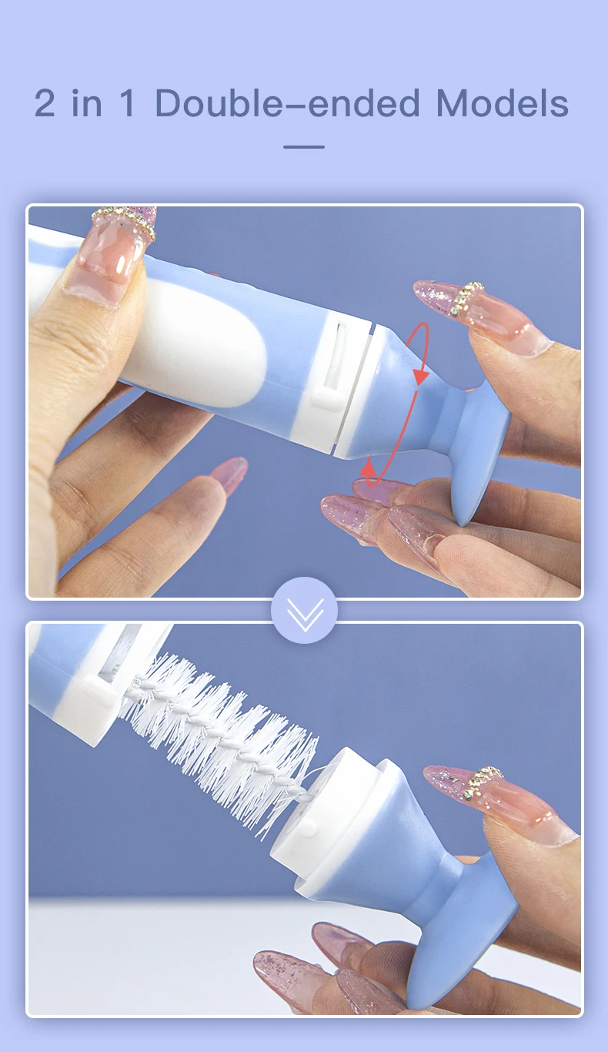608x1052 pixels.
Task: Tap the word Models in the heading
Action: pyautogui.click(x=502, y=104)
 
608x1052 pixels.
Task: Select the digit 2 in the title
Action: pyautogui.click(x=45, y=104)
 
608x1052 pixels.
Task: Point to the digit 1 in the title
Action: pyautogui.click(x=128, y=104)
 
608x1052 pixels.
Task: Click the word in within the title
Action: pyautogui.click(x=87, y=104)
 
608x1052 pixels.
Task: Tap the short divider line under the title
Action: pyautogui.click(x=304, y=146)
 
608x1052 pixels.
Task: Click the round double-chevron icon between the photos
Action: pyautogui.click(x=304, y=610)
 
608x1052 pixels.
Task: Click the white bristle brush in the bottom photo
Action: pyautogui.click(x=223, y=739)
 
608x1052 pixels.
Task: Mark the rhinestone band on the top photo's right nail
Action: pyautogui.click(x=467, y=299)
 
